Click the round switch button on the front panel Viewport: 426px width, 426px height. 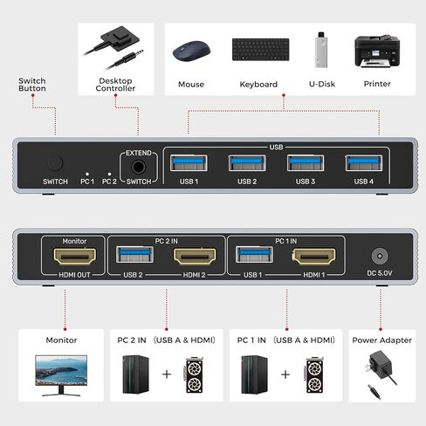click(x=55, y=163)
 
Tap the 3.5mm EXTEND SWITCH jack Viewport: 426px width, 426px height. click(x=138, y=167)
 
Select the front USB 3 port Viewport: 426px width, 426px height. click(x=306, y=163)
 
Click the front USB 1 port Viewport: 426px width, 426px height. click(x=189, y=163)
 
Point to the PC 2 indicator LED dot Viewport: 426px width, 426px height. click(x=109, y=174)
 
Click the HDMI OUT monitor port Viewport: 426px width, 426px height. click(x=74, y=257)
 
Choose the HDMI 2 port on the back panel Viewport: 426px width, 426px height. click(x=195, y=257)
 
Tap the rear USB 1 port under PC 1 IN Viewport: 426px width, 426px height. click(x=254, y=255)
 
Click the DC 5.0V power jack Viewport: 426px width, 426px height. click(x=380, y=256)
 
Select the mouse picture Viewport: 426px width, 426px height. click(x=191, y=51)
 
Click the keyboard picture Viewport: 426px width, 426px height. click(x=261, y=50)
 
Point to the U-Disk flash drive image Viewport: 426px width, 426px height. click(x=321, y=50)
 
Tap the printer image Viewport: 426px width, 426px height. click(x=377, y=52)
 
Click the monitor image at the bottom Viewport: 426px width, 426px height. click(x=61, y=375)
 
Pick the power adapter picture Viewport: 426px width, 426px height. click(x=380, y=374)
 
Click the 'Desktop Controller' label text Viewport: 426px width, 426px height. click(x=115, y=85)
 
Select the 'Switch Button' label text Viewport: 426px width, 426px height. click(x=32, y=85)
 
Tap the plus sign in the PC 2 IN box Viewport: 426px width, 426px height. click(x=167, y=374)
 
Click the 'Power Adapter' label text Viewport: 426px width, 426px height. click(x=381, y=340)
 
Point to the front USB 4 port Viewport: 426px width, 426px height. click(x=364, y=163)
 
